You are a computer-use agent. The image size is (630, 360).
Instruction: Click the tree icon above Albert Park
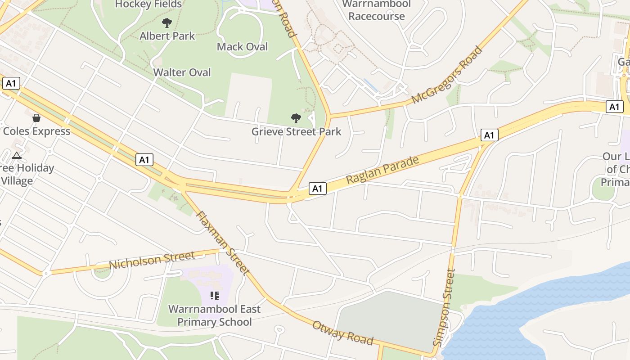click(x=167, y=22)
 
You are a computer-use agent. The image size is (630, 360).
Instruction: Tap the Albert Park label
click(x=167, y=36)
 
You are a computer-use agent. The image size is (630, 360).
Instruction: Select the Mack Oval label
click(x=242, y=47)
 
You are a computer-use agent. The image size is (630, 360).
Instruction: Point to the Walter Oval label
click(x=182, y=72)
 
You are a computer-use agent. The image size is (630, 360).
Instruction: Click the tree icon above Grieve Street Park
click(x=296, y=118)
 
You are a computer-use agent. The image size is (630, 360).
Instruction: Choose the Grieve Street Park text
click(x=296, y=132)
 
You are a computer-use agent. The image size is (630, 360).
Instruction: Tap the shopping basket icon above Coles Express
click(x=36, y=118)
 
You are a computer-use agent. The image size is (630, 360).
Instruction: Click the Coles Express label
click(x=36, y=131)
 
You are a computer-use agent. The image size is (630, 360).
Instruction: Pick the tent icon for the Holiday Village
click(x=17, y=156)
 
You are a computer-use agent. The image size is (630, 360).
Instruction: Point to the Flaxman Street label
click(x=222, y=243)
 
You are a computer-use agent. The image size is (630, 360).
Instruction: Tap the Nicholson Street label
click(x=152, y=260)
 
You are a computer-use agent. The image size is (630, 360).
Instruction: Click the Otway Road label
click(x=343, y=333)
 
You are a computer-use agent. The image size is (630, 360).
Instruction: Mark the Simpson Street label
click(x=444, y=307)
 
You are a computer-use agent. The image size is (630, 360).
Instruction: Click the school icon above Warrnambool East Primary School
click(x=214, y=296)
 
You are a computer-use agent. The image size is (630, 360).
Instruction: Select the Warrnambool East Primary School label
click(x=214, y=315)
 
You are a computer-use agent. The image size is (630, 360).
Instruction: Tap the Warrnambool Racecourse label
click(x=377, y=10)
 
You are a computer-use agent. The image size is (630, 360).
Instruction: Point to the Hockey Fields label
click(x=148, y=4)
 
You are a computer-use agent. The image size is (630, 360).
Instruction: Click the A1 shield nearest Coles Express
click(x=11, y=83)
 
